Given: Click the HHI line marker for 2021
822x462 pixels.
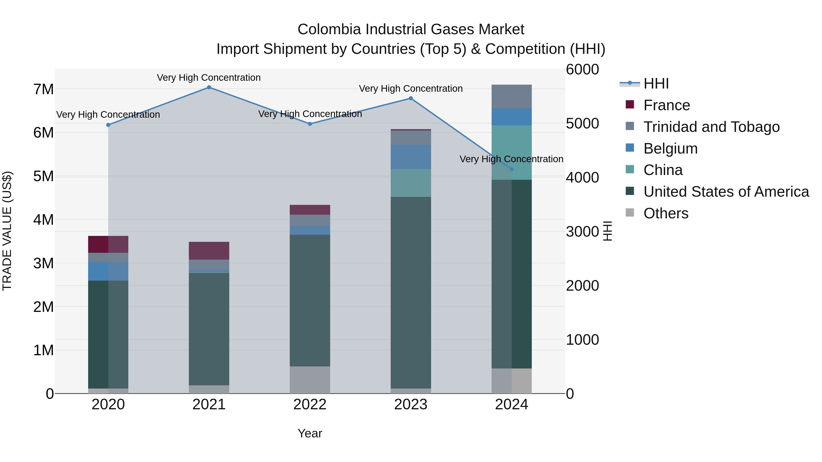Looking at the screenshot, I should click(209, 87).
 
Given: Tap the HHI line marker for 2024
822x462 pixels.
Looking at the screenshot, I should click(511, 169).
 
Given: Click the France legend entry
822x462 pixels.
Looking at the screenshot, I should click(666, 105).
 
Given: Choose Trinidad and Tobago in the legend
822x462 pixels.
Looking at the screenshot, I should click(711, 127).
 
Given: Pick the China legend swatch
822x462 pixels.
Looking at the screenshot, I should click(630, 170).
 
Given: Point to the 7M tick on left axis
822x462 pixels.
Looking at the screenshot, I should click(43, 89).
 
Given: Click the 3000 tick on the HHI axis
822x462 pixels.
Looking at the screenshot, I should click(582, 232).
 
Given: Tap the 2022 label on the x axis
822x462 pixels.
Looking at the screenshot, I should click(310, 405).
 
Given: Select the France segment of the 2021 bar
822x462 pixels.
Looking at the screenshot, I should click(209, 251).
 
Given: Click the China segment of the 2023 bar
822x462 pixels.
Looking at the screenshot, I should click(411, 183).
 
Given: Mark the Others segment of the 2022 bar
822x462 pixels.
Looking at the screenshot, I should click(310, 380).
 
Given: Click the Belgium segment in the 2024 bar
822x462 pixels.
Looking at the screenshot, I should click(511, 117).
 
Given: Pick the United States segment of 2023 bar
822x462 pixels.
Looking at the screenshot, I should click(411, 292).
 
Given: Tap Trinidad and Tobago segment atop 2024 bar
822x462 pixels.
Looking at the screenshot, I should click(511, 97).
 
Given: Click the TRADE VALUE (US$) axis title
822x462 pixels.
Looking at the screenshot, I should click(7, 231).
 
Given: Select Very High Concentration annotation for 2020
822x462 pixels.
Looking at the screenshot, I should click(108, 115).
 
